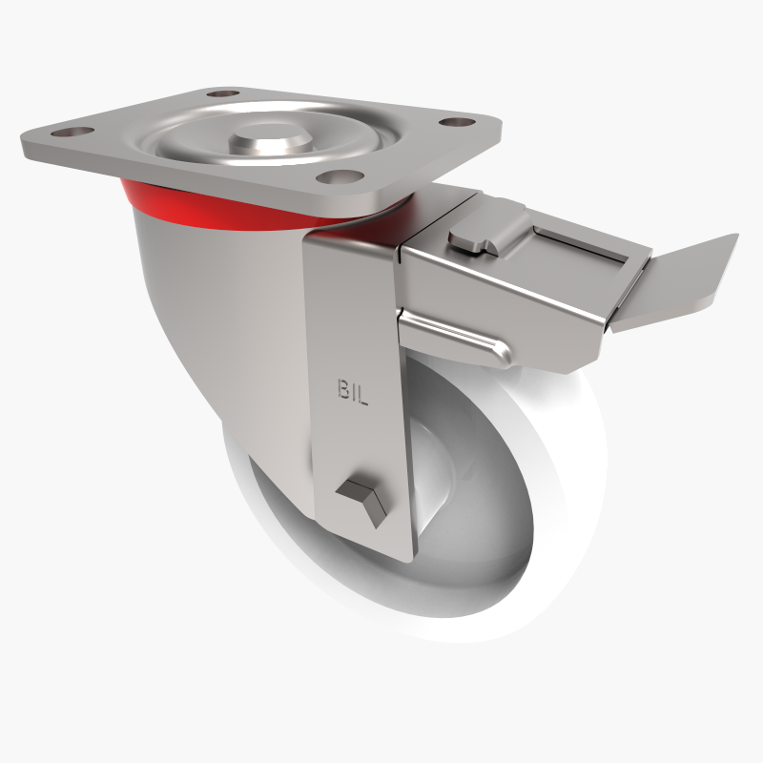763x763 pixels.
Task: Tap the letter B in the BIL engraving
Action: (341, 389)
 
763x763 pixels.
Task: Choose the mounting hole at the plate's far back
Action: (222, 94)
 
